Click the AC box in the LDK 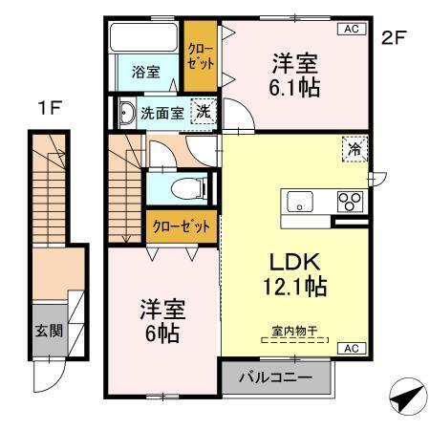[350, 348]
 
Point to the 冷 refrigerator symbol [354, 148]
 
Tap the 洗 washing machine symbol [204, 111]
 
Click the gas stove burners [350, 202]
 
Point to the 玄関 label [48, 331]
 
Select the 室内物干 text [294, 332]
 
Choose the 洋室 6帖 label [162, 322]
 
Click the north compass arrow [404, 395]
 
